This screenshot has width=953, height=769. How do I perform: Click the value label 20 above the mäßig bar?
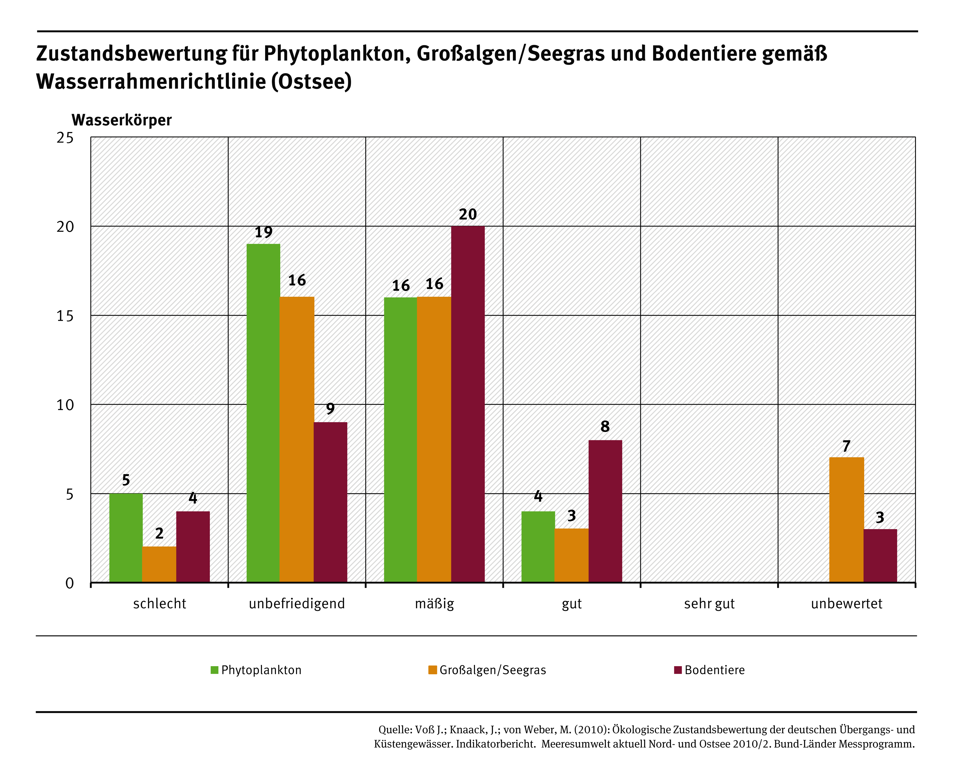(468, 214)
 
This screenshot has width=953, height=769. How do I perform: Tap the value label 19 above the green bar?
(263, 232)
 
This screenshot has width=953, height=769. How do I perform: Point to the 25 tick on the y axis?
(65, 138)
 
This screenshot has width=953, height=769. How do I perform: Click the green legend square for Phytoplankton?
(214, 670)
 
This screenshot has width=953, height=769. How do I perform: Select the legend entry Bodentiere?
(714, 670)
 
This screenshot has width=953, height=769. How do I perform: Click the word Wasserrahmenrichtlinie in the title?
(151, 82)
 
